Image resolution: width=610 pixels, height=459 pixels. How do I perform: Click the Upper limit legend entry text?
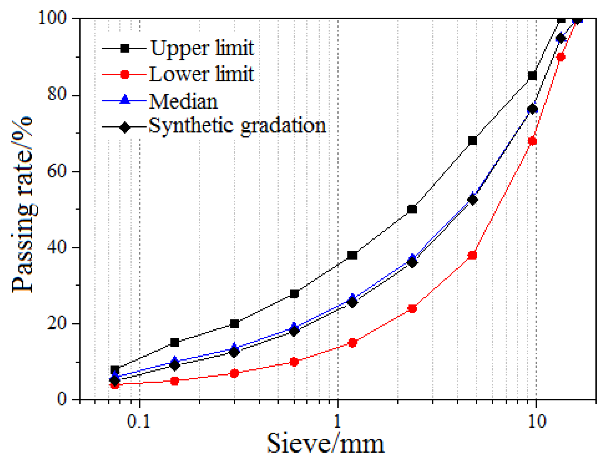[202, 48]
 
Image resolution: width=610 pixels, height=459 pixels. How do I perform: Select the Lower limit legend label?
[201, 74]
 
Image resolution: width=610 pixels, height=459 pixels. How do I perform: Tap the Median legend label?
[183, 101]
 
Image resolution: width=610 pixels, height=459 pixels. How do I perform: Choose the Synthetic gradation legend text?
[237, 125]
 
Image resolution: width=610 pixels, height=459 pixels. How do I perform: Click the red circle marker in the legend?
[125, 74]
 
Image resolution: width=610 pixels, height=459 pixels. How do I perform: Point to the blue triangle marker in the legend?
[125, 100]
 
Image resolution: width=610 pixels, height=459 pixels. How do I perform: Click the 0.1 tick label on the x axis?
[139, 421]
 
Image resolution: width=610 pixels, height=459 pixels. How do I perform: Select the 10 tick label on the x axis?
[537, 421]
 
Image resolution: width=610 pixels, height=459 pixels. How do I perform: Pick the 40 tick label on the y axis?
[57, 247]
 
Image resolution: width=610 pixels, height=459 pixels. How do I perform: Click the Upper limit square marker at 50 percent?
[412, 209]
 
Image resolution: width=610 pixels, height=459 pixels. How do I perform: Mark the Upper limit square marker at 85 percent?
[532, 76]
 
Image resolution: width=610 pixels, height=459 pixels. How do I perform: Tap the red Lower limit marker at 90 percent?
[561, 57]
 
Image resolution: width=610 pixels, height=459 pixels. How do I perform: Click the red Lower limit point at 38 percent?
[472, 255]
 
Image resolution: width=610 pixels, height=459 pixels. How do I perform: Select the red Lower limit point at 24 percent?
[412, 309]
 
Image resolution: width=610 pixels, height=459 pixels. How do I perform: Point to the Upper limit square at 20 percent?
[234, 324]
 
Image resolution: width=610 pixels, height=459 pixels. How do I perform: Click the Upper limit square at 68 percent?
[472, 141]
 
